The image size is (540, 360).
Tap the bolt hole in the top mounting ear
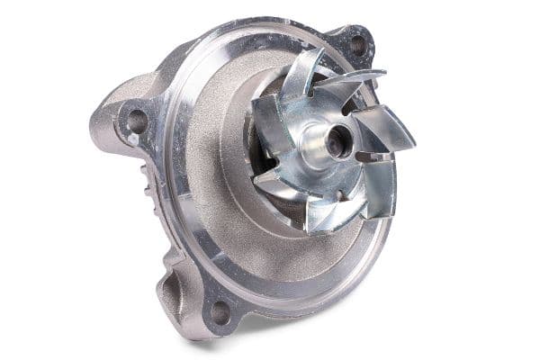click(357, 43)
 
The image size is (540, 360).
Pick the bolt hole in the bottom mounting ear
click(219, 311)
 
